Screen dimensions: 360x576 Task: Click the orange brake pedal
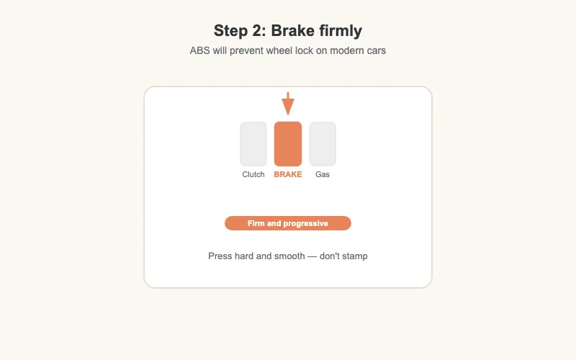click(x=288, y=144)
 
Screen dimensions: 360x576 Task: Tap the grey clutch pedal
click(x=253, y=144)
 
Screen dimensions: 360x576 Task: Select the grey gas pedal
click(x=323, y=144)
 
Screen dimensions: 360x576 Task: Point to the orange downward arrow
click(x=288, y=104)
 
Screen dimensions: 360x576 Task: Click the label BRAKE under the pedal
click(x=288, y=174)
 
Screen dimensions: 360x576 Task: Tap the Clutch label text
click(x=253, y=174)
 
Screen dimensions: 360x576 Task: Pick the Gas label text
click(x=323, y=174)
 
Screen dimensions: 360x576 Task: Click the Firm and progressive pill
click(x=288, y=223)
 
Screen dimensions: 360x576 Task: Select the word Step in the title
click(x=230, y=31)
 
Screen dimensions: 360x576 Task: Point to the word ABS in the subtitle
click(x=200, y=51)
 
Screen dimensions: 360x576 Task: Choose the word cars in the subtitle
click(x=374, y=51)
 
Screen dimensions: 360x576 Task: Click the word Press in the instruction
click(x=220, y=256)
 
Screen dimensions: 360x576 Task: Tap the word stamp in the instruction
click(x=354, y=256)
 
